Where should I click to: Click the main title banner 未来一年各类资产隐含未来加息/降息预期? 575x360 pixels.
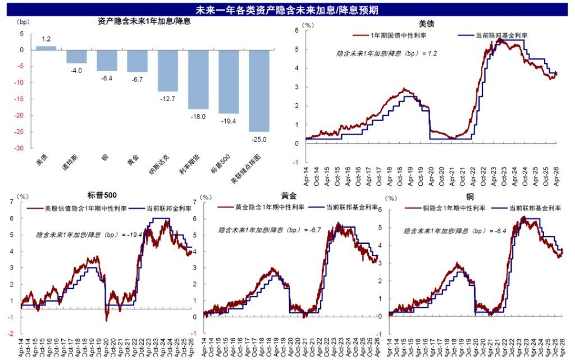[287, 10]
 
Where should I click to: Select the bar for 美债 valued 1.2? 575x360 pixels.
[46, 48]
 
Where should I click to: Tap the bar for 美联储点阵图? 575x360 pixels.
[258, 90]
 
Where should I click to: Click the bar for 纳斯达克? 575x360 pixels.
[167, 71]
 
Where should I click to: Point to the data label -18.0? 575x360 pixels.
[198, 116]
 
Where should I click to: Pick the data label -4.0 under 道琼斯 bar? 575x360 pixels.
[76, 71]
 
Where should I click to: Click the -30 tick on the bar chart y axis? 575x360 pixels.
[19, 148]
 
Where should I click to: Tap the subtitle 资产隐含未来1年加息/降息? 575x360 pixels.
[144, 22]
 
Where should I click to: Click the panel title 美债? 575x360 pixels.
[426, 24]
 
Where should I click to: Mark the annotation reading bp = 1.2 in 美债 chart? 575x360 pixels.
[387, 54]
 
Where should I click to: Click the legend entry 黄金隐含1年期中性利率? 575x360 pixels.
[269, 207]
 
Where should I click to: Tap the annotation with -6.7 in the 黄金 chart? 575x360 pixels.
[270, 230]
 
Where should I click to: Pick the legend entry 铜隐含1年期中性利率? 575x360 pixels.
[455, 208]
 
